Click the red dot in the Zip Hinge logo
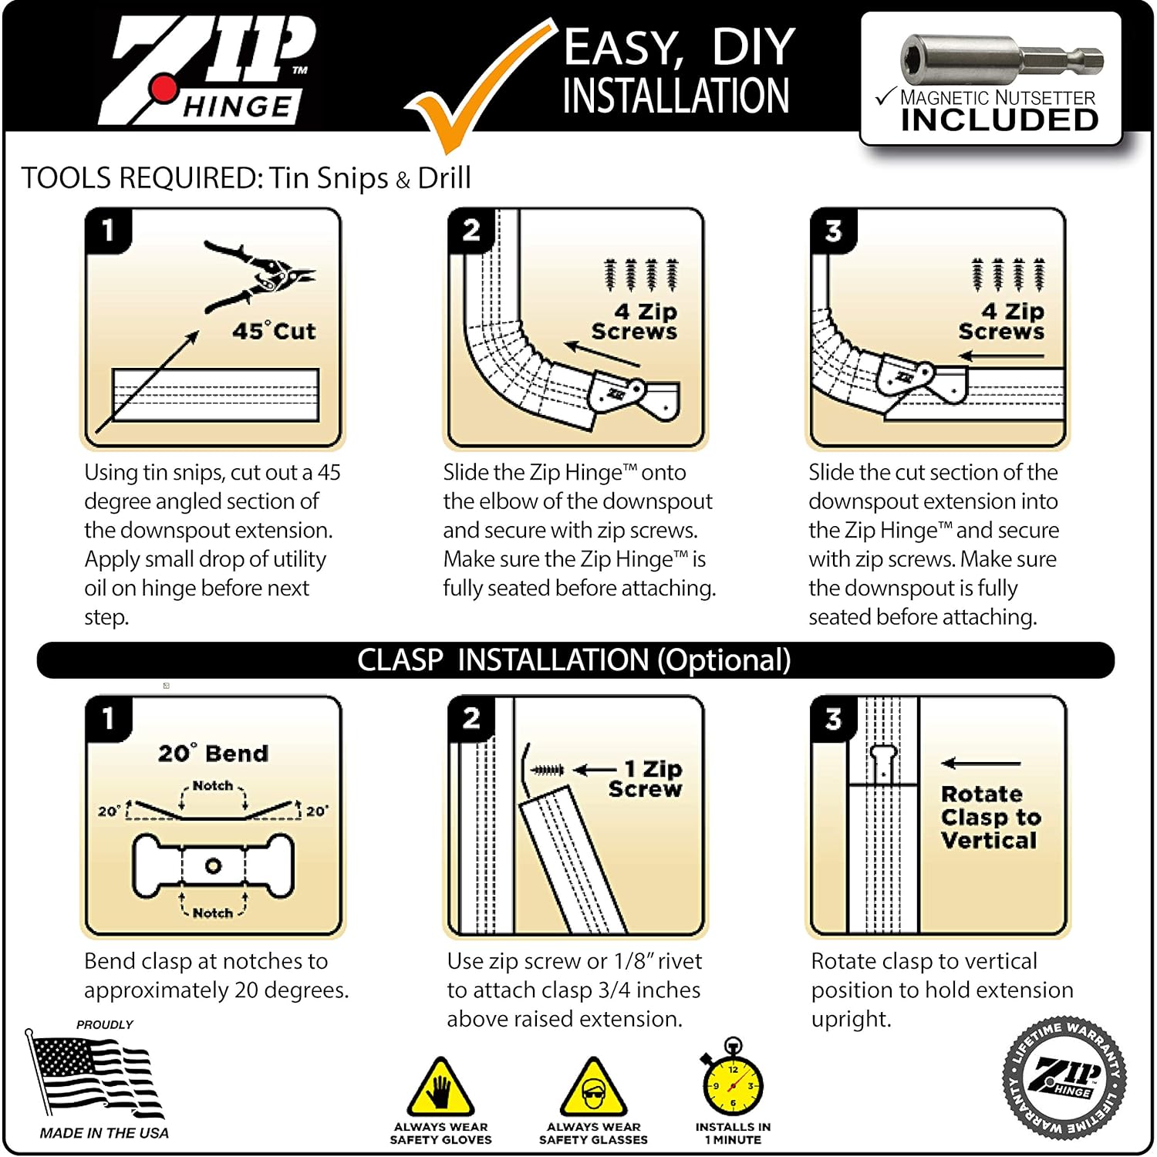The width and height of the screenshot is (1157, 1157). point(164,89)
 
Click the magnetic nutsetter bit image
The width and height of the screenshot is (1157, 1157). point(1000,59)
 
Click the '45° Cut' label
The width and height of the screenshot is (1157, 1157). point(274,331)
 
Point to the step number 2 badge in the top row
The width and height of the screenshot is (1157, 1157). point(471,230)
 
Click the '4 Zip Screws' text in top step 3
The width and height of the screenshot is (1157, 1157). point(1001,322)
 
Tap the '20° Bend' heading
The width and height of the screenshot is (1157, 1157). point(213,753)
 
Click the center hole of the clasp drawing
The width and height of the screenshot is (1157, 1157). point(213,865)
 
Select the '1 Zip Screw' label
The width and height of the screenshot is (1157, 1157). point(645,779)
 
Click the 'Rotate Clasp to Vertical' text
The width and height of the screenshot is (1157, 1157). point(990,817)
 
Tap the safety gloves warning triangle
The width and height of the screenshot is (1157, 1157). point(440,1088)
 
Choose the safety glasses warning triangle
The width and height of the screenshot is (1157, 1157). point(593,1088)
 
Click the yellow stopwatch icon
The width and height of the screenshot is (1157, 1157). point(733,1080)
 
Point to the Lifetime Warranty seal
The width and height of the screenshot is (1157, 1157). point(1064,1078)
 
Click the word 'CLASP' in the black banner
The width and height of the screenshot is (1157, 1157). point(400,660)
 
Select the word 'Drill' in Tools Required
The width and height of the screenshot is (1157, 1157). point(444,178)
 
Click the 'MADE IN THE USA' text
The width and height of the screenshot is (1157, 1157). point(104,1133)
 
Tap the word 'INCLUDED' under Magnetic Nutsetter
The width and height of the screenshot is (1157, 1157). point(1000,120)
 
